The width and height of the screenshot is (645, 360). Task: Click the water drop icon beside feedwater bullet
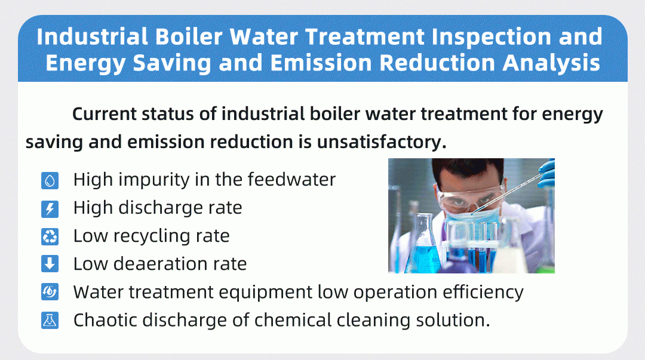tap(50, 180)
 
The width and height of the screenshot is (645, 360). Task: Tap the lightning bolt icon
tap(50, 209)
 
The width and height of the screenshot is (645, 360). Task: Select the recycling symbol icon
tap(50, 237)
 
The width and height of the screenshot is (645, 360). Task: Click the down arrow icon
tap(50, 264)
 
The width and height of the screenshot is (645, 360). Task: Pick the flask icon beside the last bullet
tap(50, 321)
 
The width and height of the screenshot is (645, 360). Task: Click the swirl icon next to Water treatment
tap(50, 293)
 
